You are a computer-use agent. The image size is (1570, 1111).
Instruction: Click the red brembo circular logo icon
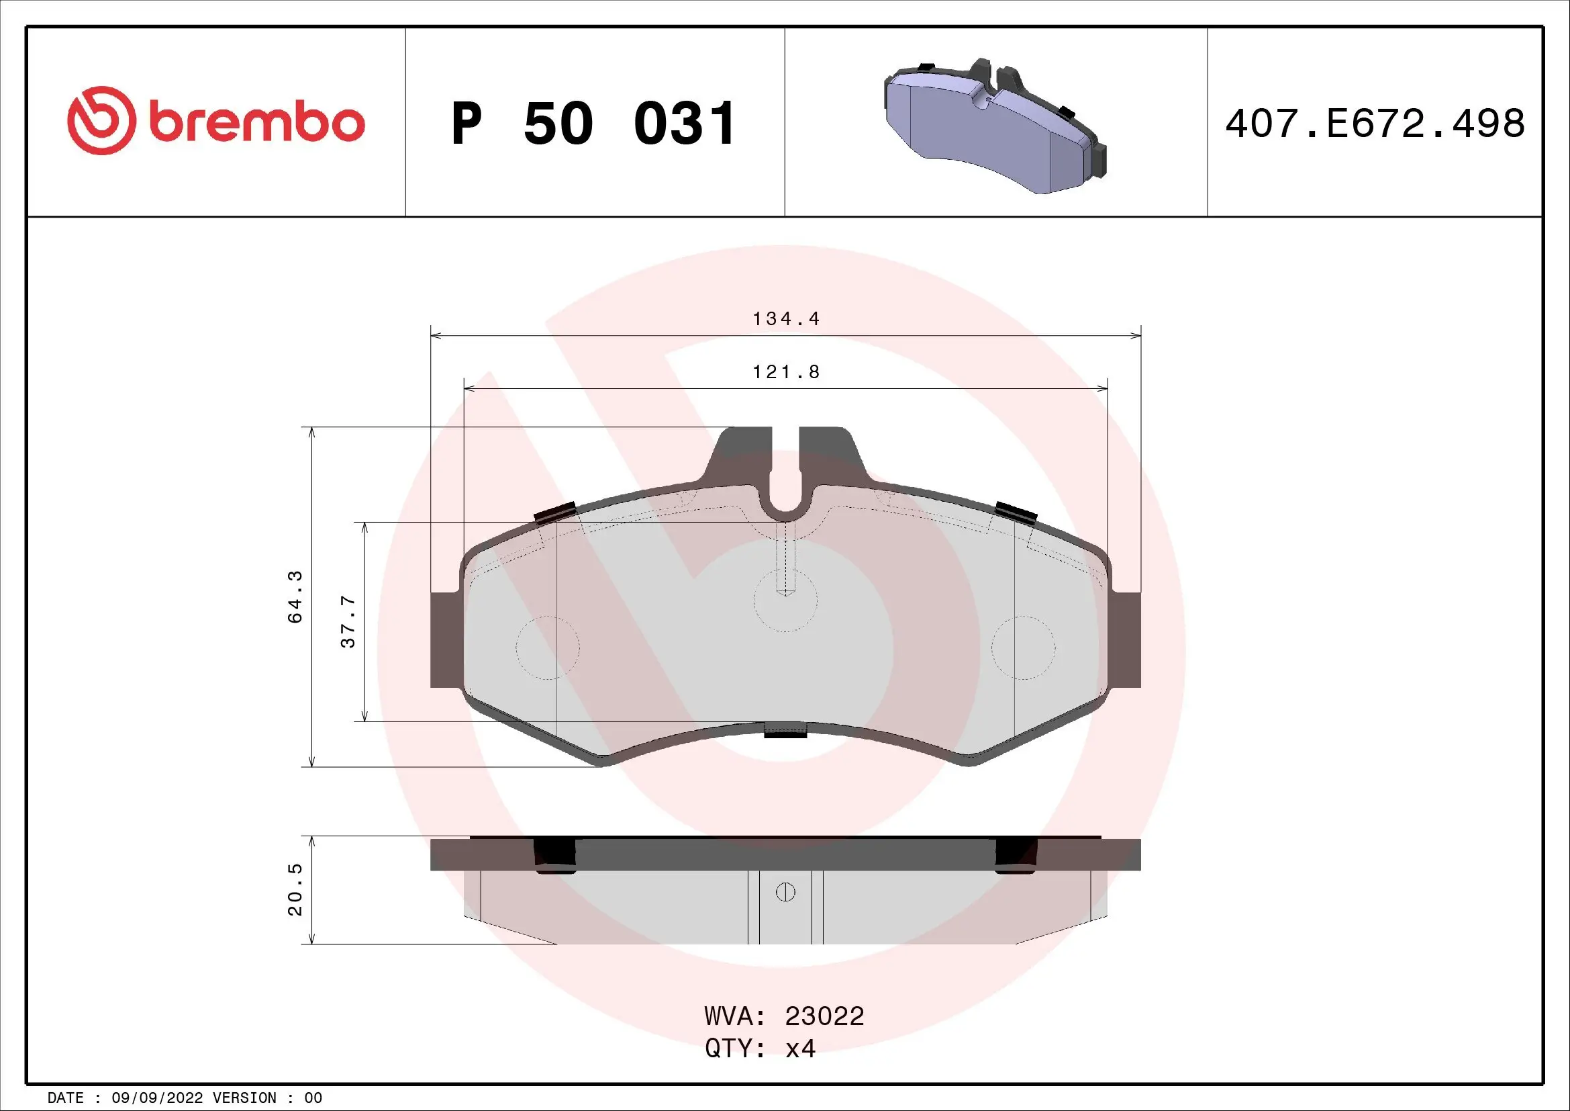pos(99,120)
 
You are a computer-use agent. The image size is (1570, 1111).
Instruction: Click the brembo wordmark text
pos(256,123)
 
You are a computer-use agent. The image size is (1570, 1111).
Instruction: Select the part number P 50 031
pos(593,124)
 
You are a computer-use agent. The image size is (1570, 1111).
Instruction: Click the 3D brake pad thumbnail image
pos(995,127)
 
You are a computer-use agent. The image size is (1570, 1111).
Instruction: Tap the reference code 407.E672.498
pos(1375,124)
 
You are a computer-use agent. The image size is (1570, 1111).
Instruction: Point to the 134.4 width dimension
pos(786,319)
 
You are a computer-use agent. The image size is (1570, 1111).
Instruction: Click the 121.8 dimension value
pos(786,372)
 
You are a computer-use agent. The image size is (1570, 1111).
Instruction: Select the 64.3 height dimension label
pos(295,596)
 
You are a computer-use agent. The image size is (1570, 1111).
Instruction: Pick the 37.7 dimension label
pos(348,621)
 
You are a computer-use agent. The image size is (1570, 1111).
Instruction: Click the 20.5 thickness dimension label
pos(295,889)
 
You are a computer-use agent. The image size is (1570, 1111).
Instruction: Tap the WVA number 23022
pos(824,1016)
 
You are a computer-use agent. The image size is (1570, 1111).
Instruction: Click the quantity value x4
pos(800,1048)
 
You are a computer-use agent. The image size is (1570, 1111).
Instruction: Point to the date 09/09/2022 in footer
pos(157,1098)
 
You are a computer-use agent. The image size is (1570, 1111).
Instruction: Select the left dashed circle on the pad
pos(547,647)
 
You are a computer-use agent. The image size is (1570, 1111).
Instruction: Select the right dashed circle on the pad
pos(1023,647)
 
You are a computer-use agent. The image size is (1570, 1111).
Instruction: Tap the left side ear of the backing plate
pos(446,639)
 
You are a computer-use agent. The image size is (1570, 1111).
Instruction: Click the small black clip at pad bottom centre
pos(785,731)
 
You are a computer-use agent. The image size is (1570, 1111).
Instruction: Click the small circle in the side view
pos(785,892)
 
